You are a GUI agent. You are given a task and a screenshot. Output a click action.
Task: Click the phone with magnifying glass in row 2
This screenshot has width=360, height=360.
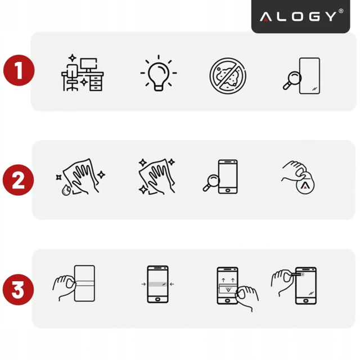tap(221, 177)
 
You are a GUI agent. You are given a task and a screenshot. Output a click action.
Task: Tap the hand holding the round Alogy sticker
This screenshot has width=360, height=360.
tap(298, 179)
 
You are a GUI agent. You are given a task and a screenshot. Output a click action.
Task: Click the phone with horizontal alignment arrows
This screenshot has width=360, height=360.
tap(158, 285)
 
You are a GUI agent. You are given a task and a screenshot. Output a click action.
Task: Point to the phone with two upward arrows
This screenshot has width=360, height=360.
tap(228, 284)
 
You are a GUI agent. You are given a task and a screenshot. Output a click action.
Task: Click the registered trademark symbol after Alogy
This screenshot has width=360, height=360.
tap(340, 11)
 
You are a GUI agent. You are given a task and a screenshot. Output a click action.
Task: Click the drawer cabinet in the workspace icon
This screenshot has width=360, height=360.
tap(96, 83)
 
